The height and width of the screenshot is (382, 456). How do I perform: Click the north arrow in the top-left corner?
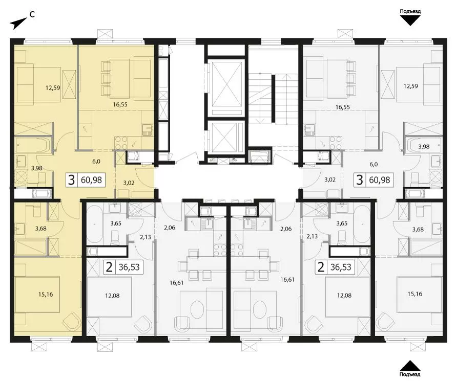(x=18, y=24)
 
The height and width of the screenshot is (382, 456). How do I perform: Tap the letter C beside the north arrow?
(x=33, y=14)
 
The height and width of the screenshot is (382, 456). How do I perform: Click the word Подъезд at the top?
(x=410, y=11)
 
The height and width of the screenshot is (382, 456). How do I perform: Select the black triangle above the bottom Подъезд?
(x=409, y=365)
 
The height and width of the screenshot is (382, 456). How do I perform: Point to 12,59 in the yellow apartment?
(x=53, y=87)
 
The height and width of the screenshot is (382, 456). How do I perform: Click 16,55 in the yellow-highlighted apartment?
(x=120, y=104)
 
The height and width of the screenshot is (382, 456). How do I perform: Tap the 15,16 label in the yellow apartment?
(x=46, y=295)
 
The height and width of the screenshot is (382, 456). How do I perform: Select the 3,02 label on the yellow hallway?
(x=128, y=183)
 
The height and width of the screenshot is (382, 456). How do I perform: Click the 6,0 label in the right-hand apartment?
(x=373, y=164)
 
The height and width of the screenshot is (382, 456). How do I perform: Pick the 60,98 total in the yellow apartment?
(x=92, y=180)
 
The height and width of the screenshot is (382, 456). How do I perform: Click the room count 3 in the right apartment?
(x=360, y=180)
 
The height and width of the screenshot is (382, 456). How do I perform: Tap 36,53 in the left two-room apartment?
(x=129, y=267)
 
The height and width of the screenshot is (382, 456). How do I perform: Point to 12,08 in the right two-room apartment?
(x=344, y=296)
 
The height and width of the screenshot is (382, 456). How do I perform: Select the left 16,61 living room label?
(x=177, y=282)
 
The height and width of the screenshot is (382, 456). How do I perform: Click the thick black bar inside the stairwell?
(x=273, y=98)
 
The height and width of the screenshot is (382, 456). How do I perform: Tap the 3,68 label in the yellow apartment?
(x=40, y=229)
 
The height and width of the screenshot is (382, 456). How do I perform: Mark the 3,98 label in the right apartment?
(x=424, y=147)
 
